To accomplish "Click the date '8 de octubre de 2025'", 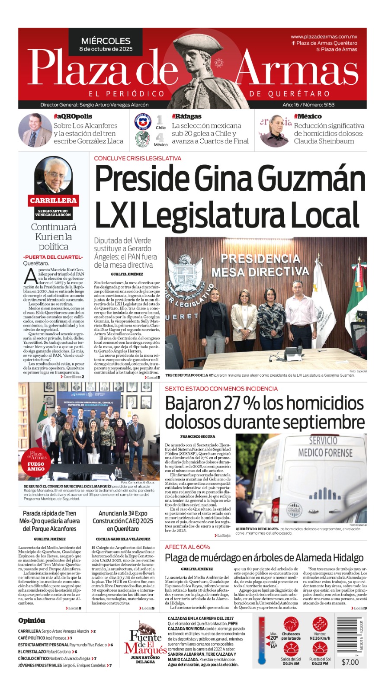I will (106, 49).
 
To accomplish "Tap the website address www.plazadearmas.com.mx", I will (324, 37).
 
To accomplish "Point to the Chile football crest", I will (141, 122).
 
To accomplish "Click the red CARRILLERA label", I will (53, 200).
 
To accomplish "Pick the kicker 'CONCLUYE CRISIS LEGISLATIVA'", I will (138, 158).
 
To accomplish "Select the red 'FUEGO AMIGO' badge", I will (36, 466).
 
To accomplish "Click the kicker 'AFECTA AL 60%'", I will (187, 547).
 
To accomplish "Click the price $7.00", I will (350, 662).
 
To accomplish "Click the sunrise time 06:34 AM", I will (291, 663).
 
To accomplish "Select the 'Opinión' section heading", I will (32, 621).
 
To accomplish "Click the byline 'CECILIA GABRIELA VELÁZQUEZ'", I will (123, 539).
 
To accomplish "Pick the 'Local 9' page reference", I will (359, 608).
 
